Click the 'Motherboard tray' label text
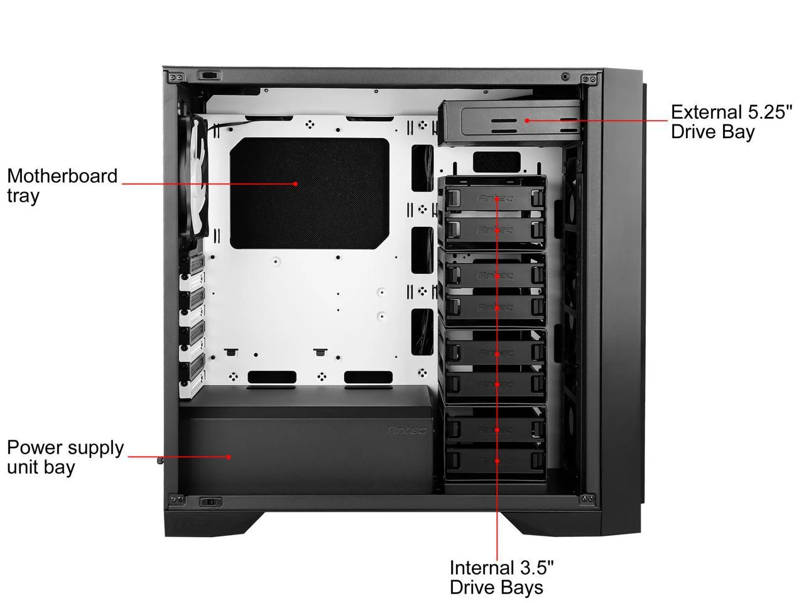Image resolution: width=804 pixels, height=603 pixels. (62, 185)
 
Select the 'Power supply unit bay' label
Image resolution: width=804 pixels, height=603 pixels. (65, 457)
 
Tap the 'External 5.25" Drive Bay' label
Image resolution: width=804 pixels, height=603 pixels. (731, 121)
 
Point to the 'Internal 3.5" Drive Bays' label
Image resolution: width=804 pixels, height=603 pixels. (501, 577)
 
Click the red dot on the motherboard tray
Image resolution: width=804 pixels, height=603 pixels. (296, 184)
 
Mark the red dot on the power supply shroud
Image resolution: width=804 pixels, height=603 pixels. (229, 457)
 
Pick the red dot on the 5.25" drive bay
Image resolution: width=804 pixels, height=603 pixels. (527, 120)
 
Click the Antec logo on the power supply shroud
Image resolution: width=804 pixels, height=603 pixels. (407, 430)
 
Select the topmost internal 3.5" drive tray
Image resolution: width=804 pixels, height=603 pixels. (494, 198)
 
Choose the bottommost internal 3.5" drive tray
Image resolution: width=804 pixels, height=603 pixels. (494, 461)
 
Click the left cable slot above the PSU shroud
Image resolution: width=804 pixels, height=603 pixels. (271, 378)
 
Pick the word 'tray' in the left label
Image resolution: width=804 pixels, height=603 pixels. (23, 196)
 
